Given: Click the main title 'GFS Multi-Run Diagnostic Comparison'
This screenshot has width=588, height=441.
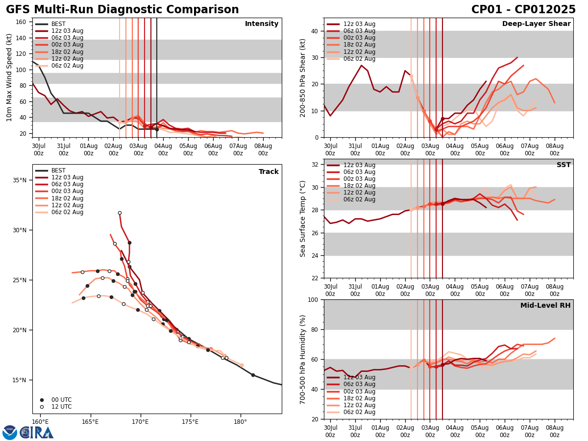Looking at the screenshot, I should [122, 10].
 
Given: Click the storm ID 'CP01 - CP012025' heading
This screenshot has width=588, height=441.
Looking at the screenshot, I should [523, 10].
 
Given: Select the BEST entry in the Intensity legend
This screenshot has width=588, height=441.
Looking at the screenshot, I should [58, 24].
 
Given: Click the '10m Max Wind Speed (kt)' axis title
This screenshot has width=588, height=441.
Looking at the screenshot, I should [9, 77].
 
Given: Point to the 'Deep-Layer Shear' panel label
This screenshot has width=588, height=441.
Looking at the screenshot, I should [536, 24].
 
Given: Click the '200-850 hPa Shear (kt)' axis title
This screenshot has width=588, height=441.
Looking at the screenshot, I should [303, 77].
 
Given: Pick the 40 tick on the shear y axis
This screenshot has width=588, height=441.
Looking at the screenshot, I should [314, 31].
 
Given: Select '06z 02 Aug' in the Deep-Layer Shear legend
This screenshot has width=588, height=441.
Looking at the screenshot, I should [360, 59].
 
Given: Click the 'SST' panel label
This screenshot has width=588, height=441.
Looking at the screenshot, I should [563, 165].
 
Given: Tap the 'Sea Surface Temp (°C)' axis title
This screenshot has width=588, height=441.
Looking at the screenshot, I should [303, 219].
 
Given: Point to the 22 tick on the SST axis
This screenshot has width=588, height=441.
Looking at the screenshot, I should [314, 278].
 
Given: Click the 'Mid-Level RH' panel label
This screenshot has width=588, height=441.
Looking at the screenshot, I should [545, 306].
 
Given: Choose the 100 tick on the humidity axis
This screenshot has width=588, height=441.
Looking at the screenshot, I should [312, 299].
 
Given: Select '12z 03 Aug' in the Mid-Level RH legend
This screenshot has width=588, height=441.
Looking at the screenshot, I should [360, 377].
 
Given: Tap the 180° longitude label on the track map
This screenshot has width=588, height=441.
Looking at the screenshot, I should [240, 421].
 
